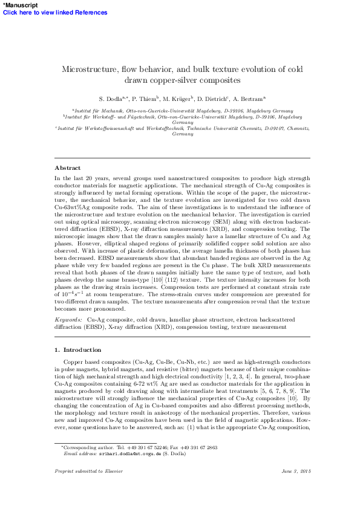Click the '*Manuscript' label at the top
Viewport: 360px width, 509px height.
(21, 4)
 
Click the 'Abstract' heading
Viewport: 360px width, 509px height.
(67, 167)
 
